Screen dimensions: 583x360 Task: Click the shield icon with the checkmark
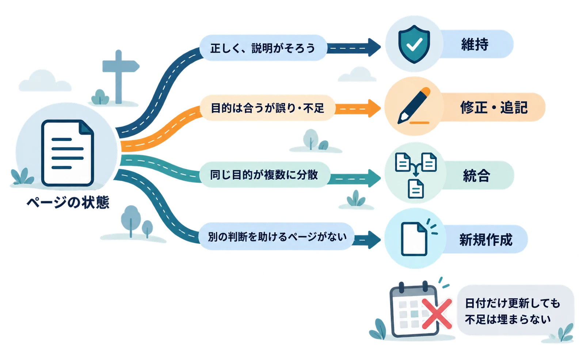point(414,44)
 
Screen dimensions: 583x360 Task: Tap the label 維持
point(475,44)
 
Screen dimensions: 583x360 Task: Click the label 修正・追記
point(494,107)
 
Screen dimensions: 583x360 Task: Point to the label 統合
point(477,175)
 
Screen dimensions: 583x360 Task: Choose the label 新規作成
point(486,239)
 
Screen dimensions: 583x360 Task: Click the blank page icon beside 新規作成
point(414,239)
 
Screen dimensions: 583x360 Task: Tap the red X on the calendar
point(437,314)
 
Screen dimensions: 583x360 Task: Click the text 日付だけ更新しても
point(512,303)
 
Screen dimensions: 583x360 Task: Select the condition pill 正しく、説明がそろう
point(263,48)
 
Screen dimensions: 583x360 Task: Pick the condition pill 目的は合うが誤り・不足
point(267,108)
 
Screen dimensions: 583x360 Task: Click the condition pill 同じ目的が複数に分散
point(264,175)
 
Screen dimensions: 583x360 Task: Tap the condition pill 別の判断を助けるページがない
point(277,237)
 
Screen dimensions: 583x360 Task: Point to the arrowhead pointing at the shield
point(374,47)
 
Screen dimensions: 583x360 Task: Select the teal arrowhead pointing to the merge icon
point(374,178)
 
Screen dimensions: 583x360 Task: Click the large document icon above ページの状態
point(68,153)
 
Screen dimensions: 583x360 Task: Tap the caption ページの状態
point(68,202)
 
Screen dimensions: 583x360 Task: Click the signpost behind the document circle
point(119,77)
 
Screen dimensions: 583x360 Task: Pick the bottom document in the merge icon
point(416,189)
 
